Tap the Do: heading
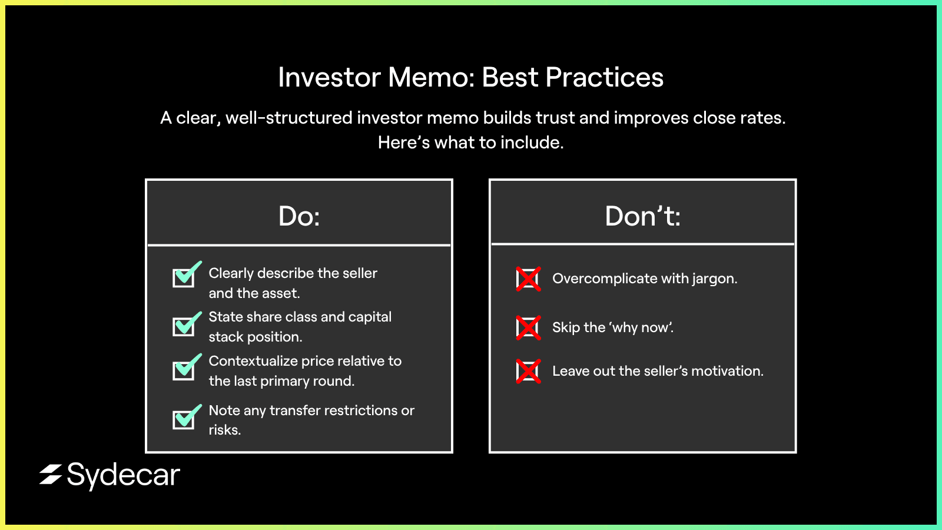click(299, 216)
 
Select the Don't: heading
click(642, 216)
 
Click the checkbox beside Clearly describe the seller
click(186, 274)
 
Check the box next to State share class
click(186, 324)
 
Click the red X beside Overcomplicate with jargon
click(528, 279)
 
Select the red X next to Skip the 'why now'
click(528, 327)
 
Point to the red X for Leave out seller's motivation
click(528, 371)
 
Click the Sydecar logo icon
click(51, 475)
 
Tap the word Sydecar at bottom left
click(124, 476)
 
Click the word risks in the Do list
click(224, 430)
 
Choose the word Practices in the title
click(604, 77)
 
